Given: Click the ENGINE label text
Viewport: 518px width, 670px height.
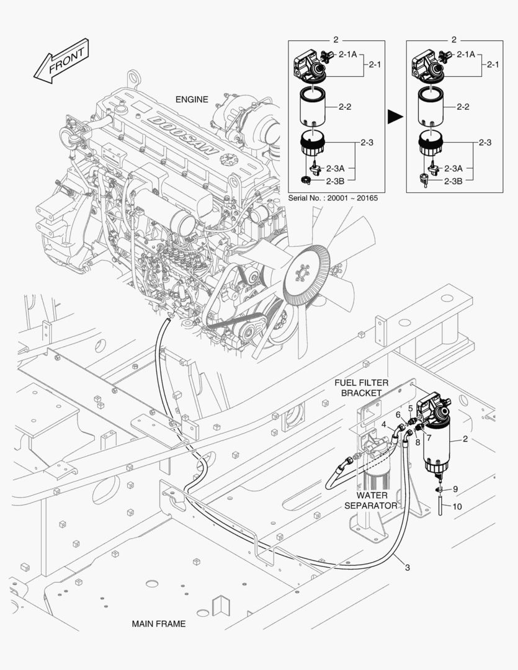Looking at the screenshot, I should coord(192,99).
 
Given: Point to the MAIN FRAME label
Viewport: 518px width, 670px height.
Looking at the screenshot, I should coord(158,623).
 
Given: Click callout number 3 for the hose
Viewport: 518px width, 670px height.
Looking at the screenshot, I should coord(408,567).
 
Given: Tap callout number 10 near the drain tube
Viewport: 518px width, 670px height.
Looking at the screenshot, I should coord(457,506).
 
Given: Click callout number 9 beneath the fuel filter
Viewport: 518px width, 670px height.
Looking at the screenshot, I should coord(455,489).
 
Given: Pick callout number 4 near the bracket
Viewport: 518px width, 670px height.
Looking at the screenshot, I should coord(384,425).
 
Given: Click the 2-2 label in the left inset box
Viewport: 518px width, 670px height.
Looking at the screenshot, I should coord(346,107).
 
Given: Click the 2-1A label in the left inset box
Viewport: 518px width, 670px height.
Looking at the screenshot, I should coord(347,55).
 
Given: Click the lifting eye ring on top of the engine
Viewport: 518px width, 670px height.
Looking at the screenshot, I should coord(132,79).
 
